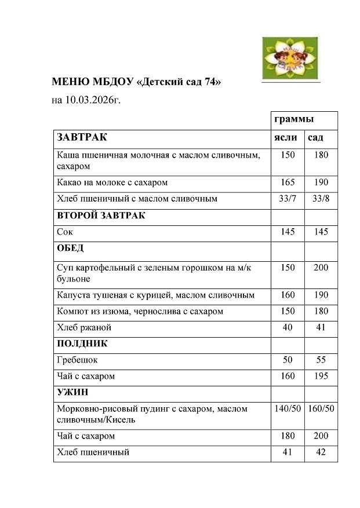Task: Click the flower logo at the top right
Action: coord(291,56)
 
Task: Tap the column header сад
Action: coord(315,137)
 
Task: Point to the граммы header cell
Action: coord(294,119)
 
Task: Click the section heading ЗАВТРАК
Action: coord(82,137)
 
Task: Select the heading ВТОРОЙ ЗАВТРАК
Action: coord(101,215)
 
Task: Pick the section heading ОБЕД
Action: coord(70,248)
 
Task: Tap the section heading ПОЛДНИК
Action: coord(82,343)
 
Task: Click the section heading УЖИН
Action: coord(72,392)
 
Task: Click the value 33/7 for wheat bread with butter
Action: coord(288,199)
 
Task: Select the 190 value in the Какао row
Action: coord(321,182)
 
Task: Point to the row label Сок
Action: coord(65,232)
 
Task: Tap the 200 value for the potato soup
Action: coord(321,268)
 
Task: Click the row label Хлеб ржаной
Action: coord(84,327)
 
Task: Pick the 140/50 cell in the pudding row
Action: coord(288,408)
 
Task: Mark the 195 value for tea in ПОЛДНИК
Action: coord(321,376)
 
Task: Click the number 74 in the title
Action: coord(210,82)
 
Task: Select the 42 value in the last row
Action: coord(321,452)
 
